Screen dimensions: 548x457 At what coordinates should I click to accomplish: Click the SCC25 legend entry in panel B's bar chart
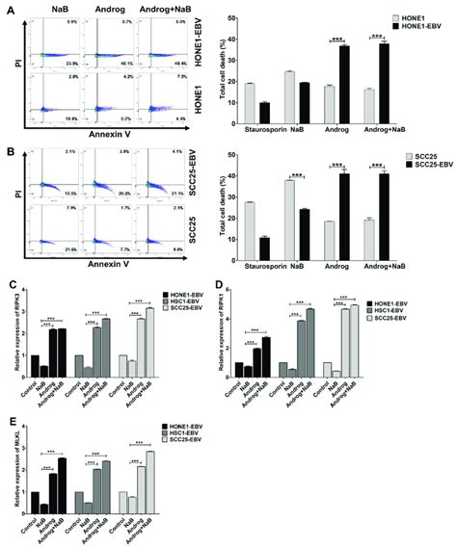(x=412, y=155)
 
